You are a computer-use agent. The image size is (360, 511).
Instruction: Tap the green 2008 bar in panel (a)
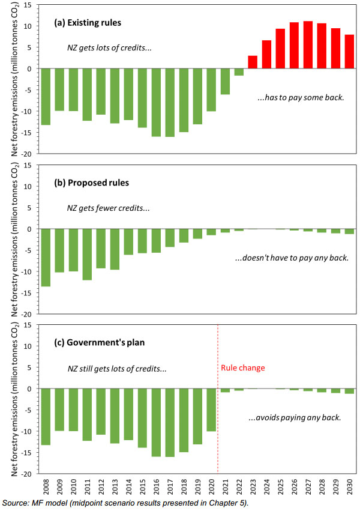point(46,97)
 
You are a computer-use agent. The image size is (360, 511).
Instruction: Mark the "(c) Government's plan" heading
point(96,343)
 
